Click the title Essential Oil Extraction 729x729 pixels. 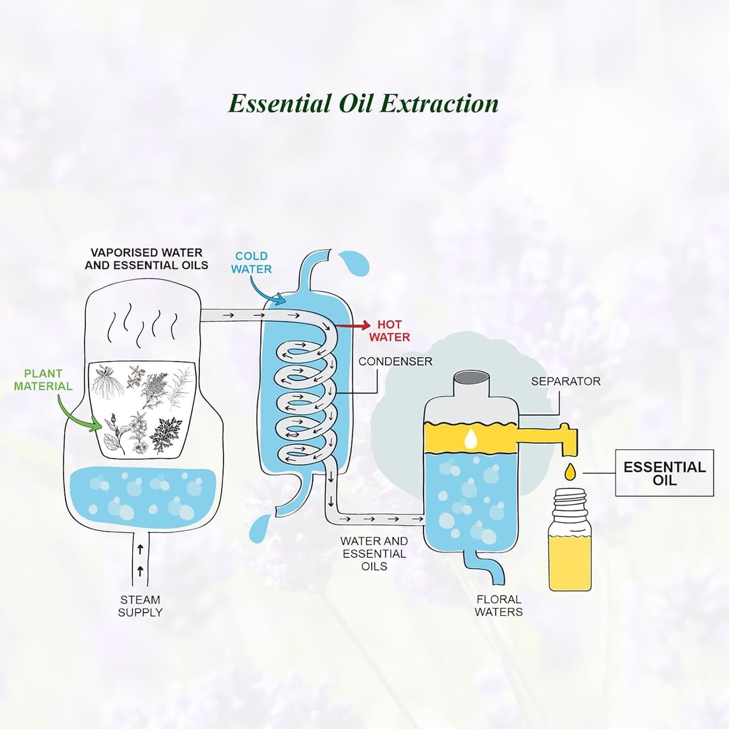[x=363, y=103]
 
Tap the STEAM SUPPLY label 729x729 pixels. [x=140, y=606]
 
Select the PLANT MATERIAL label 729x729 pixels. [x=43, y=379]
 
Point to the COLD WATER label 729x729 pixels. [x=252, y=262]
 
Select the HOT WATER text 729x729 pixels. [x=389, y=330]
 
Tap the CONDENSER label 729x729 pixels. [x=396, y=361]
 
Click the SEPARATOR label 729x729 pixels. [x=566, y=381]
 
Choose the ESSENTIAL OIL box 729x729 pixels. [x=664, y=473]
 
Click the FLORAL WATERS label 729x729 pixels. [x=498, y=605]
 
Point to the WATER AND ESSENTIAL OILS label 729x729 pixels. [x=374, y=553]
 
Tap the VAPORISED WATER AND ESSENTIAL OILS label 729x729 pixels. [x=146, y=259]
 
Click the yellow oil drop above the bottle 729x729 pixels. [x=570, y=471]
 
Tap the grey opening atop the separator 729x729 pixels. [x=471, y=377]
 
